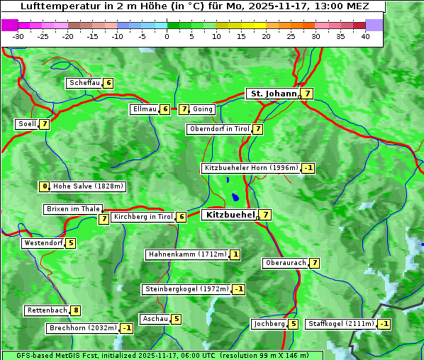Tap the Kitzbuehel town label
229,215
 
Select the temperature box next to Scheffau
108,83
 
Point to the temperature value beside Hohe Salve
45,186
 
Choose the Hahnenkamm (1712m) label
187,254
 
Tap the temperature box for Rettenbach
76,310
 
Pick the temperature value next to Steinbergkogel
239,289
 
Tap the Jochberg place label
269,324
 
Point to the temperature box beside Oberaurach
314,263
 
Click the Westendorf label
43,243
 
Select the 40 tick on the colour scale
365,36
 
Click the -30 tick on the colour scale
18,36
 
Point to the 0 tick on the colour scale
167,36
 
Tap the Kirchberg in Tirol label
143,217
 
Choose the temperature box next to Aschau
177,319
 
